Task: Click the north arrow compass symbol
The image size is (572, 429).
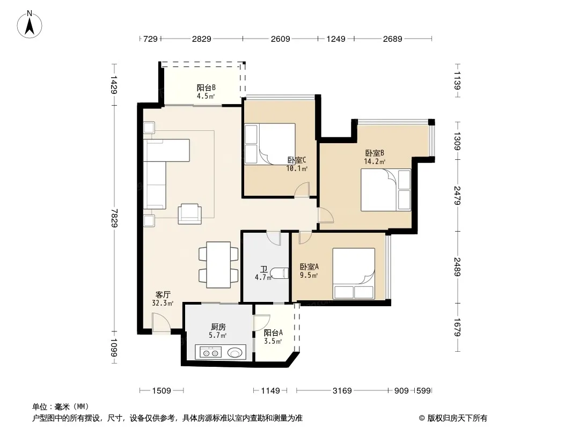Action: [x=30, y=24]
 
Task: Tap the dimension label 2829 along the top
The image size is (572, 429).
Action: [x=201, y=39]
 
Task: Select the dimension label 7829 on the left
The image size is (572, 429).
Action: [x=114, y=218]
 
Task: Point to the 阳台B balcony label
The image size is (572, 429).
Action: [x=206, y=87]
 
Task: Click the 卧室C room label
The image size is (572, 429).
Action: [x=297, y=160]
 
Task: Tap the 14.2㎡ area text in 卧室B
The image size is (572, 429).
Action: [x=375, y=161]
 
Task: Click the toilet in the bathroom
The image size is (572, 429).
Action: [x=280, y=273]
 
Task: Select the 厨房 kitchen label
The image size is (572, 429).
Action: [x=218, y=327]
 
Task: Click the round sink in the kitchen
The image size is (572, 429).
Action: [x=235, y=352]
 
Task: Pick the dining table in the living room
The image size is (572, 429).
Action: [x=218, y=264]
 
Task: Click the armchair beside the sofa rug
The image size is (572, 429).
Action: [x=190, y=213]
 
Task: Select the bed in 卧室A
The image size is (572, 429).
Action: [x=354, y=273]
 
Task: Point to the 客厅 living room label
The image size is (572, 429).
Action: [x=163, y=294]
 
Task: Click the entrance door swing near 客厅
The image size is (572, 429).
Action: [x=161, y=323]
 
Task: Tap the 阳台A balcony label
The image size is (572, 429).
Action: [x=273, y=332]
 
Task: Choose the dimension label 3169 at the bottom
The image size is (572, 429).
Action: [x=342, y=391]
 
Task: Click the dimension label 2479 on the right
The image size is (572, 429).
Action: [x=458, y=195]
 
